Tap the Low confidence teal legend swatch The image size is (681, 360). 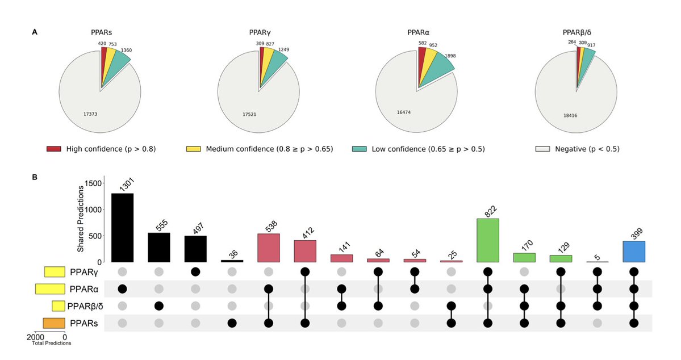point(359,149)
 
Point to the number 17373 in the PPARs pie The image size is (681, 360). point(90,114)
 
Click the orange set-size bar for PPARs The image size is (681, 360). point(53,324)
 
